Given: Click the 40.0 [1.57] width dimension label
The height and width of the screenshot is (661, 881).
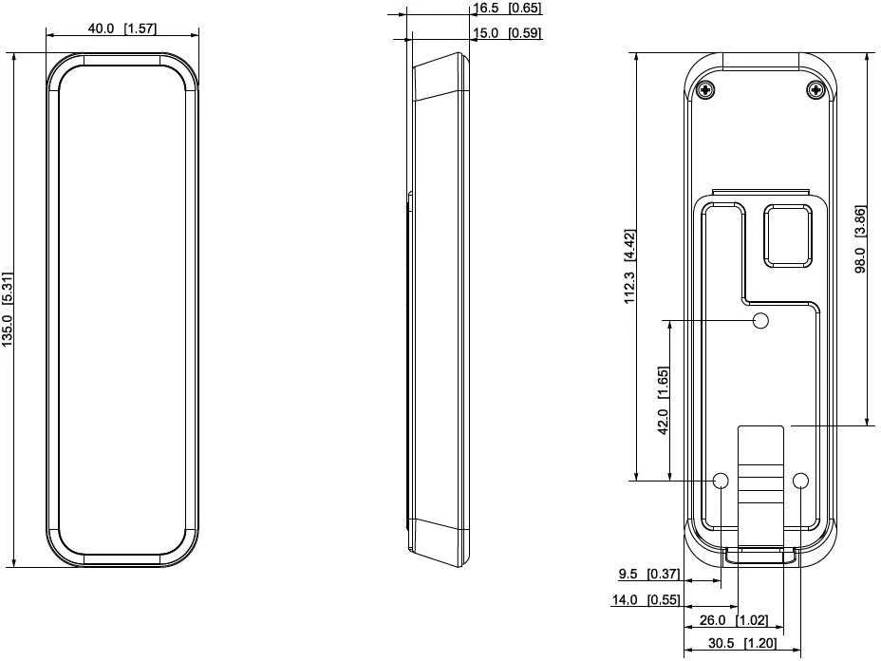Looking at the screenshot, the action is pyautogui.click(x=122, y=28).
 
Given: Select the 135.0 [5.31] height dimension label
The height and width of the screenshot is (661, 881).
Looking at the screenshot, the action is pyautogui.click(x=7, y=310).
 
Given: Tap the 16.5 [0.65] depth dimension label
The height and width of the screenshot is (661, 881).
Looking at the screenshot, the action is pyautogui.click(x=507, y=8).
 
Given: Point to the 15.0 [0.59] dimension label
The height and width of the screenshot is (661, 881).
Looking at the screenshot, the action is pyautogui.click(x=507, y=32).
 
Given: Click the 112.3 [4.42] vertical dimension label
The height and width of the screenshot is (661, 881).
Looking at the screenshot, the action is pyautogui.click(x=629, y=266).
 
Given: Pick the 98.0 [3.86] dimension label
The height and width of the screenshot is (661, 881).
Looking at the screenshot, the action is pyautogui.click(x=860, y=239).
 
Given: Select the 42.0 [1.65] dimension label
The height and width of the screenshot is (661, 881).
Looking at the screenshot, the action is pyautogui.click(x=663, y=400).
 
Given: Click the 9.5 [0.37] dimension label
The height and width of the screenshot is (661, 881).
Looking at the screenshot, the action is pyautogui.click(x=649, y=574).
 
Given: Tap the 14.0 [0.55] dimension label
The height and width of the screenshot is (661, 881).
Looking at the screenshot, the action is pyautogui.click(x=646, y=599).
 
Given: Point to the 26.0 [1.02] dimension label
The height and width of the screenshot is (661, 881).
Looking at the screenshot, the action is pyautogui.click(x=733, y=620).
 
